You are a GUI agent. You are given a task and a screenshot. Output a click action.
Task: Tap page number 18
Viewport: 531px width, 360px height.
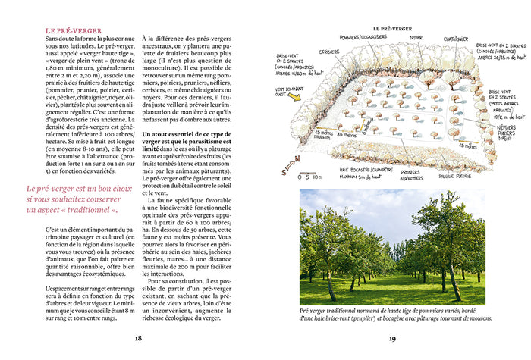click(138, 338)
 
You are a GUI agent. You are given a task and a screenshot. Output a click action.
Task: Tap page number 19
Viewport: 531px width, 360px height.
click(393, 338)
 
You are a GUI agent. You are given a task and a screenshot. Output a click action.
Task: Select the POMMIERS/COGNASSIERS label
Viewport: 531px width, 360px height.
click(359, 37)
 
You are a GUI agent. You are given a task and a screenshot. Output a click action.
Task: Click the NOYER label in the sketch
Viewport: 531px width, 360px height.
click(415, 37)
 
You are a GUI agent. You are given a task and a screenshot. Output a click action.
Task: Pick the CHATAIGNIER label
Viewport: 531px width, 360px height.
click(455, 37)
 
